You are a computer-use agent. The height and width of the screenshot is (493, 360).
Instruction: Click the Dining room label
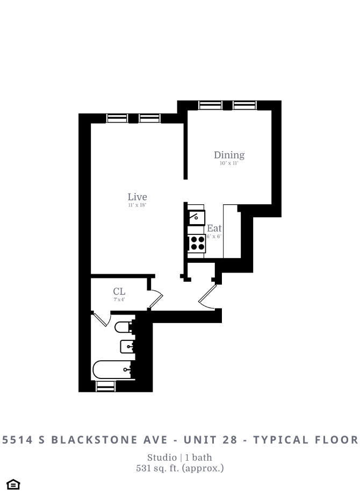coord(229,155)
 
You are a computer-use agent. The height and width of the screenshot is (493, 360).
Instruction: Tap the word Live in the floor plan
coord(137,197)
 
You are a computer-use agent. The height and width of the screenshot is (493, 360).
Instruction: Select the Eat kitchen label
coord(214,228)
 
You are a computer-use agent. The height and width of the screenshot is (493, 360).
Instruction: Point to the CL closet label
coord(119,291)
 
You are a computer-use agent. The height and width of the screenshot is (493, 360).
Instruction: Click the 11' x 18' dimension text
coord(137,205)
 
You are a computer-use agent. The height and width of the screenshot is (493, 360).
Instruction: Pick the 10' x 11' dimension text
coord(229,163)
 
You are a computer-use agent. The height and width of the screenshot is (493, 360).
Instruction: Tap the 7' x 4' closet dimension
coord(119,299)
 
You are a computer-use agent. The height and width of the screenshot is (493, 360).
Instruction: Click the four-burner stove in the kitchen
coord(197,244)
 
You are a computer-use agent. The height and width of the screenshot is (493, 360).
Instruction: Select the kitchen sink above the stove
coord(197,218)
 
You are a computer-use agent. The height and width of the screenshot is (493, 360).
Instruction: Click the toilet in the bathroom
coord(124,326)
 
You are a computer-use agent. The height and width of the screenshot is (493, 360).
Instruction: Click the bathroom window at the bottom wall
coord(105,385)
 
